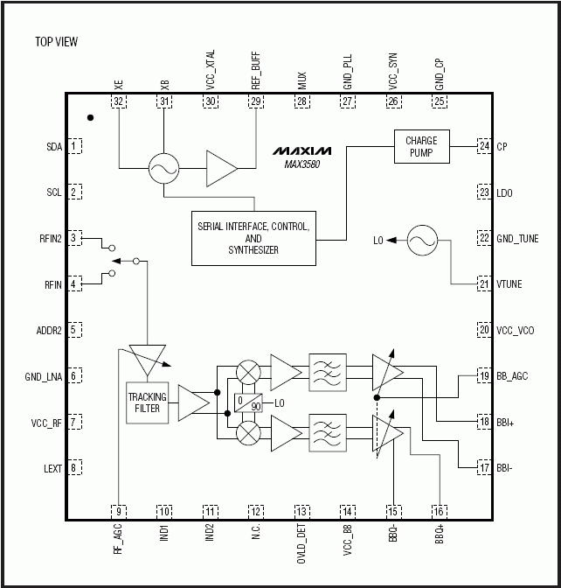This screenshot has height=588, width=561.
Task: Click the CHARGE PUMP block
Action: pyautogui.click(x=421, y=146)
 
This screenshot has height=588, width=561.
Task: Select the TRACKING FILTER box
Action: pyautogui.click(x=147, y=402)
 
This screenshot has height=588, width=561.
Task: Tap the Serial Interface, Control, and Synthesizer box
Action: pyautogui.click(x=253, y=238)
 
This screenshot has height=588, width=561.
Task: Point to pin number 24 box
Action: pyautogui.click(x=483, y=146)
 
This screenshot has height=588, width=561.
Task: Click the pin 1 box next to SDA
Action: pyautogui.click(x=76, y=146)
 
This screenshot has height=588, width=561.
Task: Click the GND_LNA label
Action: pyautogui.click(x=44, y=376)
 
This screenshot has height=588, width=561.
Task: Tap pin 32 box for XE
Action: pyautogui.click(x=118, y=101)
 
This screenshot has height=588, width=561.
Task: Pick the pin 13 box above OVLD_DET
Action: pyautogui.click(x=302, y=511)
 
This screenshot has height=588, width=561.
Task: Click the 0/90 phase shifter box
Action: pyautogui.click(x=249, y=403)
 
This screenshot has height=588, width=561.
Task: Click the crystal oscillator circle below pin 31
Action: pyautogui.click(x=164, y=169)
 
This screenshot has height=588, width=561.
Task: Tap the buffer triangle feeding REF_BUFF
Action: pyautogui.click(x=221, y=169)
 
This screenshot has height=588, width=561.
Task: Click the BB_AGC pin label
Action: pyautogui.click(x=513, y=375)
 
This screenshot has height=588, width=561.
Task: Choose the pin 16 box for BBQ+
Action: pyautogui.click(x=439, y=511)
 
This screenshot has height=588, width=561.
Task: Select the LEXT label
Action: pyautogui.click(x=52, y=468)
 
